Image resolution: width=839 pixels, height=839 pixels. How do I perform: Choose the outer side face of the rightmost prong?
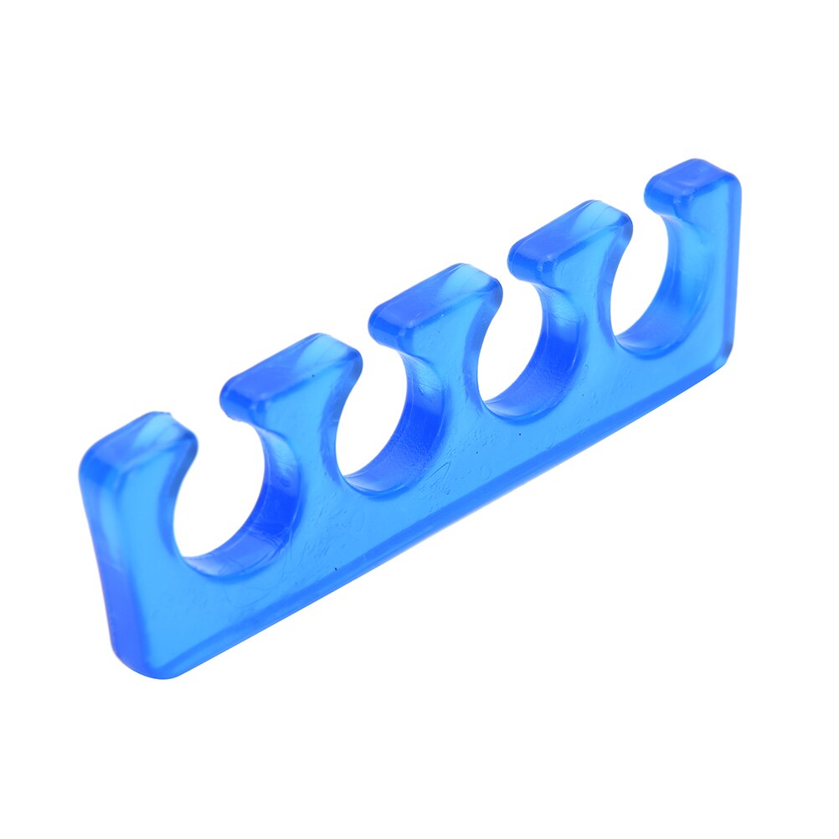727,251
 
